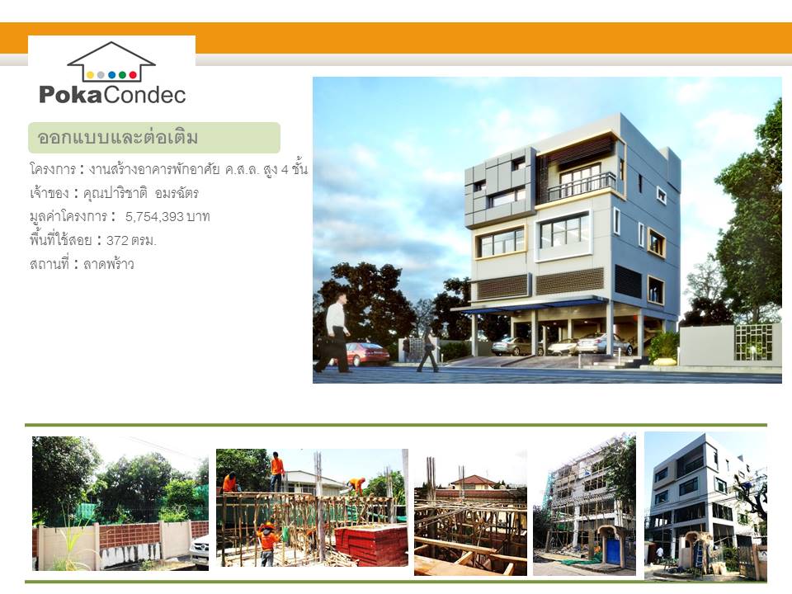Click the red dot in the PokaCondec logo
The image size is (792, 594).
(133, 75)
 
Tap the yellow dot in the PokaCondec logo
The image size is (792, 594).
(90, 75)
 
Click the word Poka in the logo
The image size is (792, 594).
(71, 94)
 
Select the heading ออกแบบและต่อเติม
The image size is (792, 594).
(117, 138)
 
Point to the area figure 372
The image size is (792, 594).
(116, 240)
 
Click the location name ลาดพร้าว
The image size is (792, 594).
(109, 264)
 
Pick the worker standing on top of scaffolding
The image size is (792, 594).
(277, 472)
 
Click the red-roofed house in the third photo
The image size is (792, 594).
(473, 482)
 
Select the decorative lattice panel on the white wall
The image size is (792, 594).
(753, 341)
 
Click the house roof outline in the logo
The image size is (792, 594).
(111, 55)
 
